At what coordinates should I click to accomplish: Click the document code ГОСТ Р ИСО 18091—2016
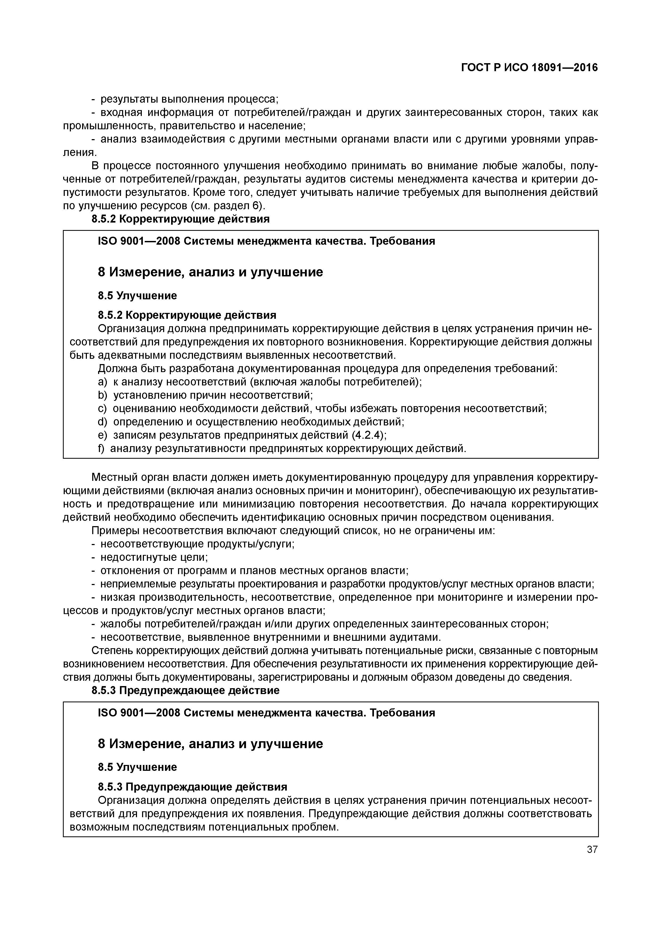[x=529, y=68]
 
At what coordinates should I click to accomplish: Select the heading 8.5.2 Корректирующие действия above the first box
[x=180, y=219]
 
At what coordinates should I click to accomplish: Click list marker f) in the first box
[x=101, y=449]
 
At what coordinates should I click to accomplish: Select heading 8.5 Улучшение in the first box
[x=137, y=296]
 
